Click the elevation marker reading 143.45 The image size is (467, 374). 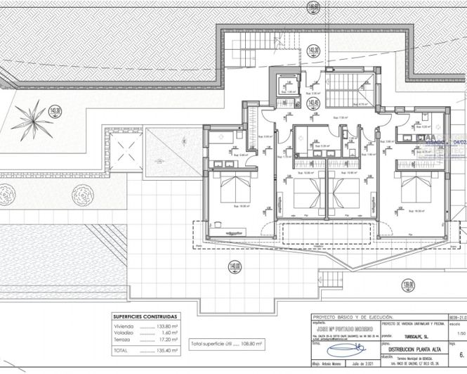pos(313,103)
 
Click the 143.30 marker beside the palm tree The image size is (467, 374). pos(57,110)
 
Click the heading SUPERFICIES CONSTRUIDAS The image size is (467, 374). pos(145,316)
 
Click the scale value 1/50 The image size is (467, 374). pos(460,335)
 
